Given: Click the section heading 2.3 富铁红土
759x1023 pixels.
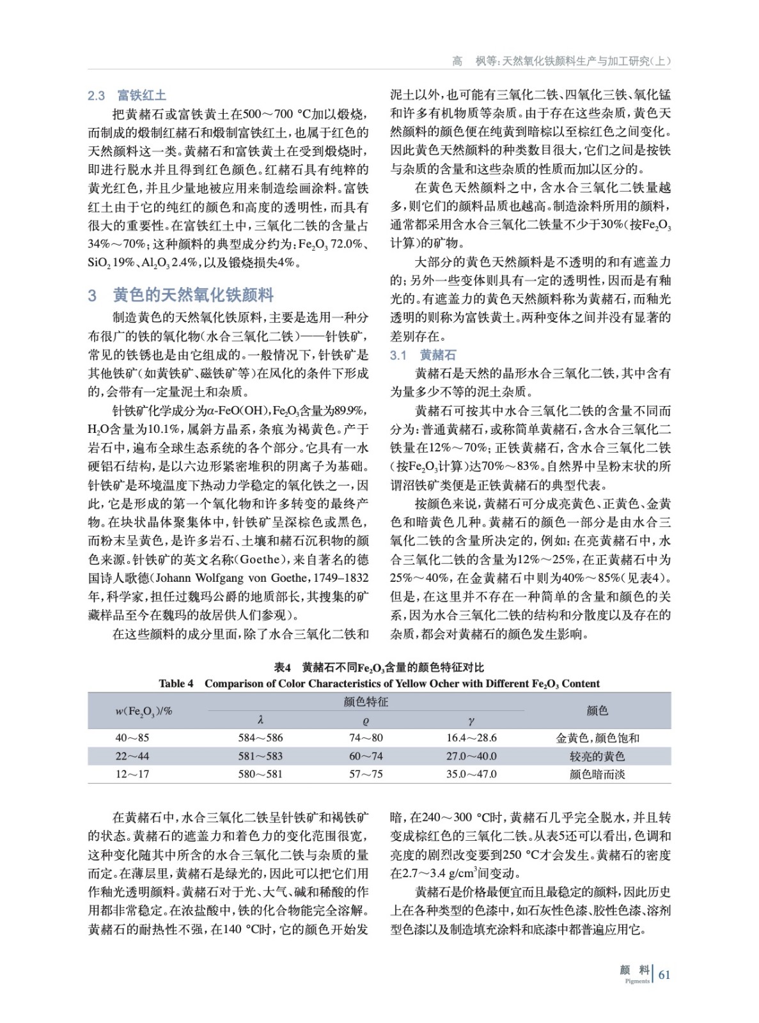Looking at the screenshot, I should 127,96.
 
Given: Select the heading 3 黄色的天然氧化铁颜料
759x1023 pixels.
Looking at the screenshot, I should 181,295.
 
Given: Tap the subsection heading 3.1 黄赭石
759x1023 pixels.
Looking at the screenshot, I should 423,355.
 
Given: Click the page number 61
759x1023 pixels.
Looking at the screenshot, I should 664,974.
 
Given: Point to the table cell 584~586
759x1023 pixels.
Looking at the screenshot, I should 260,738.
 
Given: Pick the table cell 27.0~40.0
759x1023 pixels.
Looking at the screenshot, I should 471,756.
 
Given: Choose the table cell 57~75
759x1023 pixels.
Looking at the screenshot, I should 366,774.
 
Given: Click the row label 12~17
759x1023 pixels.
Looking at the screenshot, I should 132,774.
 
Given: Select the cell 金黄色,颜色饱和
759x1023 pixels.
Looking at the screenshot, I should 597,738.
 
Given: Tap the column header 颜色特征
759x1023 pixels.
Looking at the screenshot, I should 366,702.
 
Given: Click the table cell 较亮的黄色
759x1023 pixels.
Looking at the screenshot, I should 597,756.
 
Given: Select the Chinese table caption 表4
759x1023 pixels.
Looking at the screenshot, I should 283,668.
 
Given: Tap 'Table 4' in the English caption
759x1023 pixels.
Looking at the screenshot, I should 176,683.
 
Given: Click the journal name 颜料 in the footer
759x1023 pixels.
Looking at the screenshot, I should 634,971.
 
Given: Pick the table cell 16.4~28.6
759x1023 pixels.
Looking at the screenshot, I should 471,738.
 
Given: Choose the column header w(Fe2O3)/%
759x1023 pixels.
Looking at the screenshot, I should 144,711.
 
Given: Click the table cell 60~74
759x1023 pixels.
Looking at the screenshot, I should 366,756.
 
